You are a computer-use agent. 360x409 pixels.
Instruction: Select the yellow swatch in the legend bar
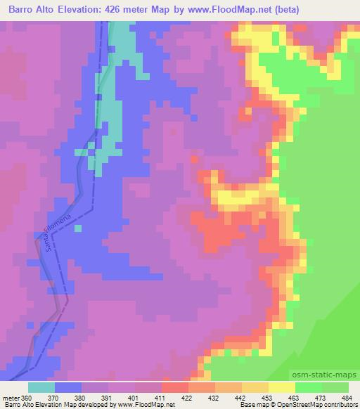(x=281, y=387)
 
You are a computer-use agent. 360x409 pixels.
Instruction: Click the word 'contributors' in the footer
(x=340, y=405)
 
